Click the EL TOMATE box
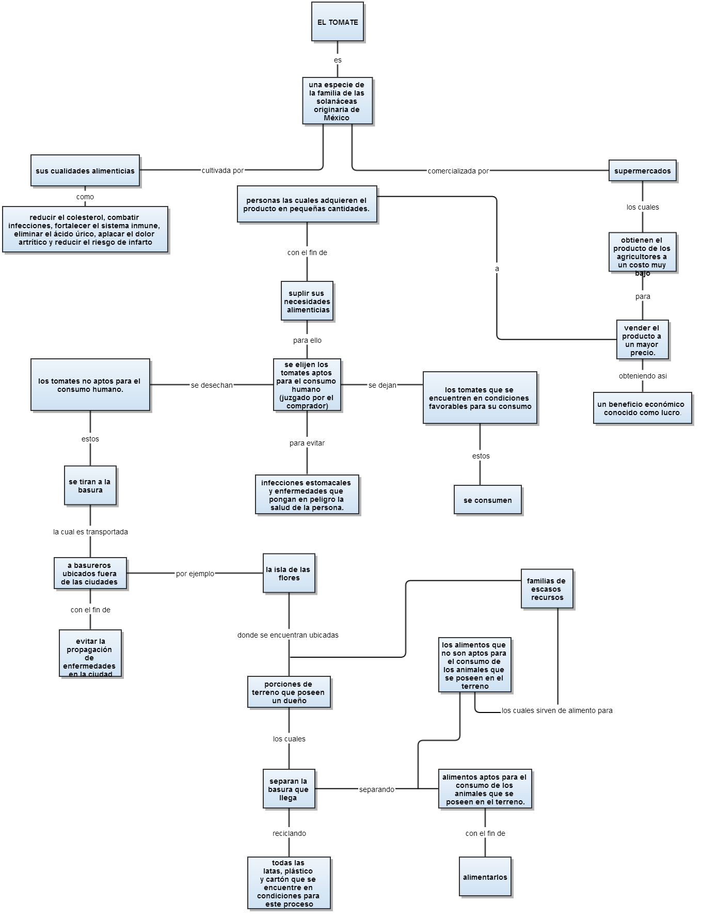click(x=338, y=22)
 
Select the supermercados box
click(x=642, y=171)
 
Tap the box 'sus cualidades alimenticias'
click(x=85, y=171)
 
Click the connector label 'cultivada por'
click(x=222, y=170)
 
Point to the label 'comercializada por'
click(x=458, y=171)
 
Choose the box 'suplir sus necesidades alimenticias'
click(x=307, y=302)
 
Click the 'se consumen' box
click(x=488, y=500)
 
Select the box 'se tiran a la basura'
click(x=90, y=486)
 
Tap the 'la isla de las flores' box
click(x=289, y=574)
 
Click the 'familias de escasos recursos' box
click(x=547, y=589)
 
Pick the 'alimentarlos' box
click(x=485, y=877)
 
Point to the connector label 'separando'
click(x=377, y=789)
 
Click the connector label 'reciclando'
click(x=289, y=833)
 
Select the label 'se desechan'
click(x=212, y=385)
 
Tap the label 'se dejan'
click(x=382, y=385)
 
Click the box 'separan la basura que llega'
click(x=289, y=789)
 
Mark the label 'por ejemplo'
click(x=195, y=574)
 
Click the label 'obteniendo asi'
click(x=643, y=376)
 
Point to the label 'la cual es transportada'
click(x=90, y=532)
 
